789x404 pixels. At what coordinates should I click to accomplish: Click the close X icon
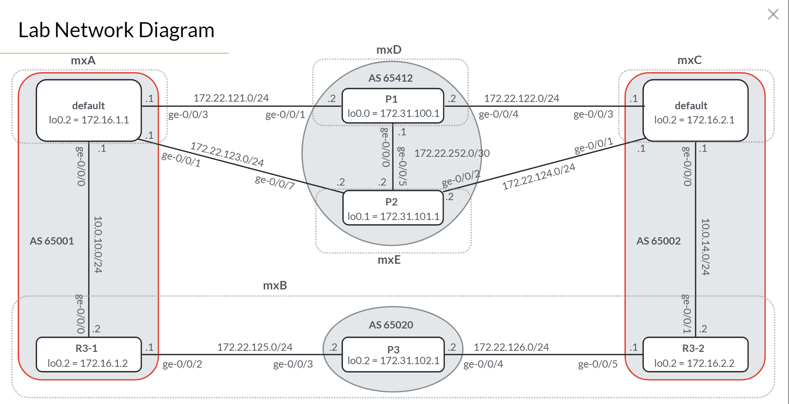point(773,15)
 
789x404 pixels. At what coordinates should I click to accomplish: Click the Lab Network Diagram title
point(116,30)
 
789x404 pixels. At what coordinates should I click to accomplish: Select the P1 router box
point(393,106)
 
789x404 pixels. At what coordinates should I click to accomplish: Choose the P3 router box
point(393,355)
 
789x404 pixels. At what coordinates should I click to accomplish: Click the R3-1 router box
point(88,355)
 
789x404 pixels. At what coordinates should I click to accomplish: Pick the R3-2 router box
point(695,355)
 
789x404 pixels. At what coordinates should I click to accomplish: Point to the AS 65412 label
point(390,78)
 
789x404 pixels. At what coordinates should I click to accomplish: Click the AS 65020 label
point(391,325)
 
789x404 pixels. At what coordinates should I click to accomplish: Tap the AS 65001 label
point(52,241)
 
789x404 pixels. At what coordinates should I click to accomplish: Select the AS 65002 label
point(658,241)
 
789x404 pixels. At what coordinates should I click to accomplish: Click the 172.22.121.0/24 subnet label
point(231,98)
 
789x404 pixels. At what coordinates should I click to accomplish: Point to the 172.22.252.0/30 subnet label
point(452,153)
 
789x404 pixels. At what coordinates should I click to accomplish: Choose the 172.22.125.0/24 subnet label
point(255,347)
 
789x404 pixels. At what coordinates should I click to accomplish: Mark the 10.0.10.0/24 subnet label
point(98,245)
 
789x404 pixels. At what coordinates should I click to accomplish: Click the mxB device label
point(275,286)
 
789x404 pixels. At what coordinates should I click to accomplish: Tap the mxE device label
point(389,260)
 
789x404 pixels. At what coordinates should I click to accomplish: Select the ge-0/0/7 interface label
point(275,182)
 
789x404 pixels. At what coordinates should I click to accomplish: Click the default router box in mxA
point(88,111)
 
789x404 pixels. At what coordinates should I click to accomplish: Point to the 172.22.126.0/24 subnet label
point(511,347)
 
